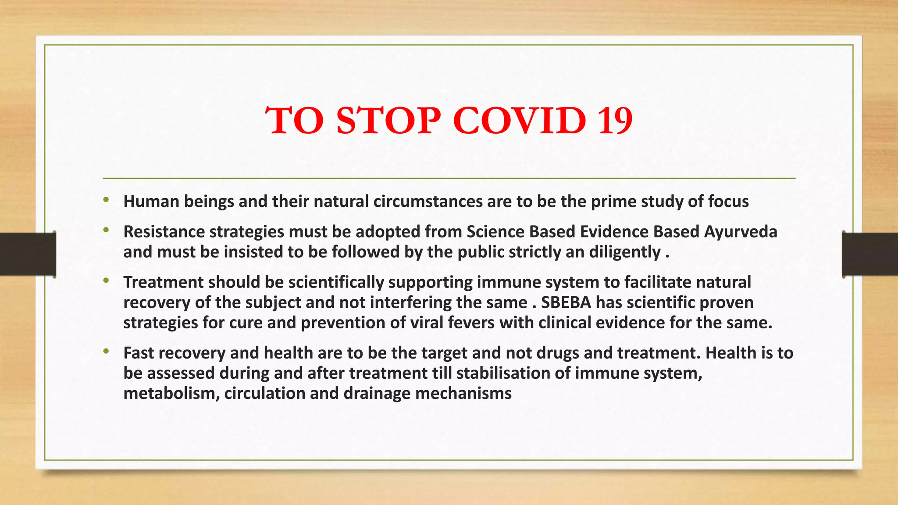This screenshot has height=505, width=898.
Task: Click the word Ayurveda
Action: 741,232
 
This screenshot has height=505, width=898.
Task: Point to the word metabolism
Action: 171,394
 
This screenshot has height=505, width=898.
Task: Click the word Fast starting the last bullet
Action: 139,353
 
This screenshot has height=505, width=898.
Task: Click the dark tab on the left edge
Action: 28,254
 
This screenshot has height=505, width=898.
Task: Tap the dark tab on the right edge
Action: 870,254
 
